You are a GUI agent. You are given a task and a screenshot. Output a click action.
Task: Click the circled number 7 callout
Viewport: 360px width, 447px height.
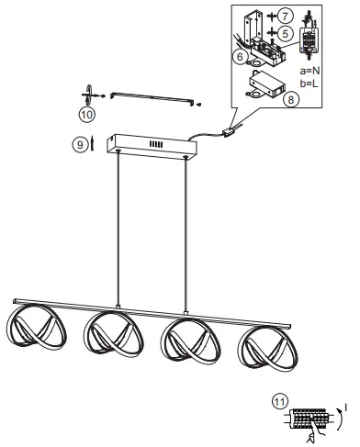pyautogui.click(x=286, y=17)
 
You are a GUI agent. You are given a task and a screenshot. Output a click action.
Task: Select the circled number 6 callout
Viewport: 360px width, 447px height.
pyautogui.click(x=239, y=55)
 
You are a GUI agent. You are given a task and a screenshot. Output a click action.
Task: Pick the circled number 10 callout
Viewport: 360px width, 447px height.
pyautogui.click(x=85, y=116)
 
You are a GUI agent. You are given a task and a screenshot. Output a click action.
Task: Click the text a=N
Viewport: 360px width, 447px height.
pyautogui.click(x=310, y=70)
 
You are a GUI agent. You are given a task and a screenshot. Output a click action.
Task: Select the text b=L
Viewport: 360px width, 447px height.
pyautogui.click(x=310, y=83)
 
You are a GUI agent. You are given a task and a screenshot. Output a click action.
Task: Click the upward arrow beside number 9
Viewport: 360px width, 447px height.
pyautogui.click(x=92, y=144)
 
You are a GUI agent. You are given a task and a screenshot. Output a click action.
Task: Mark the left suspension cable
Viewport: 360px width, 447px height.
pyautogui.click(x=118, y=229)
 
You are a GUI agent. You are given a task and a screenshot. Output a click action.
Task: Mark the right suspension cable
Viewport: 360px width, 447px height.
pyautogui.click(x=186, y=229)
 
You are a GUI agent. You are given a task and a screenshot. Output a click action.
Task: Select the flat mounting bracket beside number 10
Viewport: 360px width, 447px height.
pyautogui.click(x=152, y=98)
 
